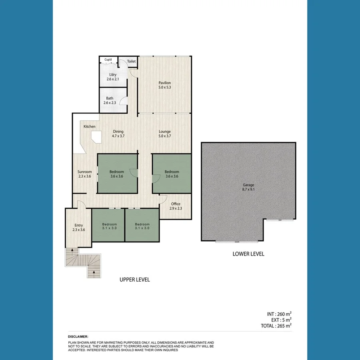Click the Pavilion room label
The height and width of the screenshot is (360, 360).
tap(164, 83)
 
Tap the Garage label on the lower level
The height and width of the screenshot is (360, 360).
tap(248, 185)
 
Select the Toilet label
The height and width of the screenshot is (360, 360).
tap(131, 62)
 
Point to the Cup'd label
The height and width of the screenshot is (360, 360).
tap(108, 60)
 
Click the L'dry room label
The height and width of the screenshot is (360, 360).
tap(113, 75)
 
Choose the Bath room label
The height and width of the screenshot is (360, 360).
tap(110, 98)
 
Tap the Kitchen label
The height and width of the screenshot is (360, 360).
tap(90, 127)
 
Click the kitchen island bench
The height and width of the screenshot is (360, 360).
tap(96, 138)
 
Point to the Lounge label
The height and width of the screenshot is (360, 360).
tap(164, 132)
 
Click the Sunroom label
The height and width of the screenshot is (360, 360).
tap(84, 172)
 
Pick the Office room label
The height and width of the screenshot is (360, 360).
tap(176, 204)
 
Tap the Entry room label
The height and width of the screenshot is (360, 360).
tap(78, 225)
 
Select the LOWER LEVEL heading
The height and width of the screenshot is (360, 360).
tap(248, 254)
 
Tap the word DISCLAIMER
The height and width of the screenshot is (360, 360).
tap(78, 337)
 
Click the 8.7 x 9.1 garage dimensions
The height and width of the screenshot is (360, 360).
tap(248, 190)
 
